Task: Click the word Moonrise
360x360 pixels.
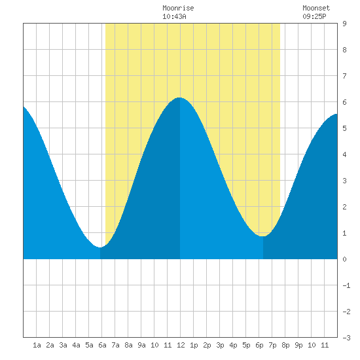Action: [178, 8]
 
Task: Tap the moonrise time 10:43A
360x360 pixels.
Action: [174, 16]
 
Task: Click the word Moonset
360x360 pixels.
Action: [316, 8]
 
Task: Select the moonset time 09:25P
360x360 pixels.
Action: [314, 16]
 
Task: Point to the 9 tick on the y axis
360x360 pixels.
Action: [344, 24]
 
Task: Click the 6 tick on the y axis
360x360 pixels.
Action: [344, 102]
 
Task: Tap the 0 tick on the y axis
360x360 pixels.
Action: [344, 259]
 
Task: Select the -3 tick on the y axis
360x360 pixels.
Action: [346, 338]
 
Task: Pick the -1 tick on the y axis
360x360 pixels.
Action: [346, 285]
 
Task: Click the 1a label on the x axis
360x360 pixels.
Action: [37, 345]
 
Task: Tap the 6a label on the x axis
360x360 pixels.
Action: [102, 345]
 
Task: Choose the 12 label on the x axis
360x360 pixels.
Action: [181, 345]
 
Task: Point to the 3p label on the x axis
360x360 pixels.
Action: [220, 345]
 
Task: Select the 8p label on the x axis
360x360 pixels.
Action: [285, 345]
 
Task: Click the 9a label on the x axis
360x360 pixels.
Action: [141, 345]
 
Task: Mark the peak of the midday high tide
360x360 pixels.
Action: [179, 98]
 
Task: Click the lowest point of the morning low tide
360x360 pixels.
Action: [100, 247]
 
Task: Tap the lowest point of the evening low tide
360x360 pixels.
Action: [263, 236]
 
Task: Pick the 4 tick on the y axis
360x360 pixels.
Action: [344, 154]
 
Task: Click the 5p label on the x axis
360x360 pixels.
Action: [246, 345]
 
